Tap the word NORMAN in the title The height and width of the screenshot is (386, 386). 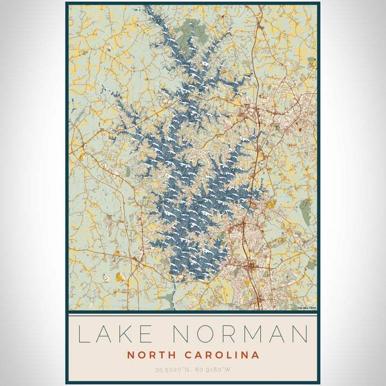pos(240,335)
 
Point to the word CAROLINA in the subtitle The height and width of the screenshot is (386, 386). pos(219,355)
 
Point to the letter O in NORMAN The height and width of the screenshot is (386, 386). pos(203,335)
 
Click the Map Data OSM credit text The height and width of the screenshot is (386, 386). pos(307,308)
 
